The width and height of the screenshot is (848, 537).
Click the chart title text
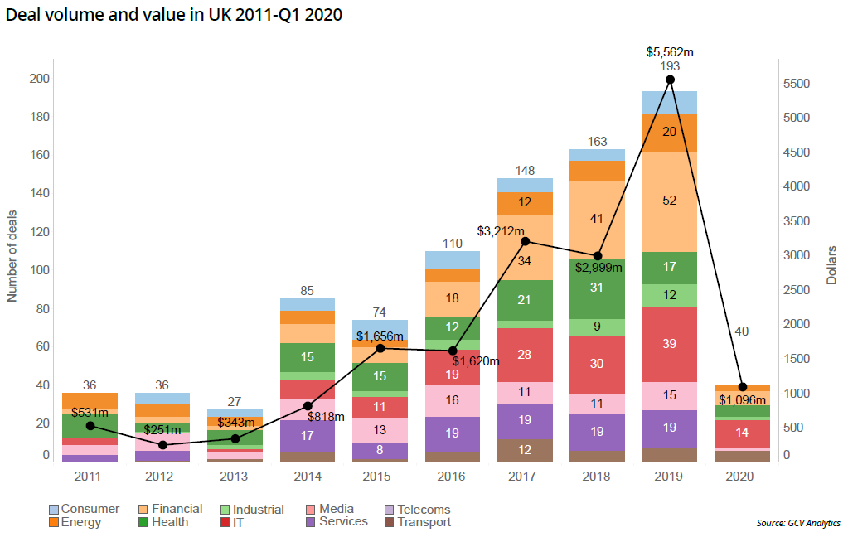[174, 15]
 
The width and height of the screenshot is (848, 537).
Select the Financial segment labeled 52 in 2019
[670, 201]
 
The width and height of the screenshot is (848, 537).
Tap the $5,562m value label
[670, 51]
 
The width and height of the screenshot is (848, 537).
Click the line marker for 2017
[525, 241]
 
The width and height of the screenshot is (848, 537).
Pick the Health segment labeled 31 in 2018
[597, 288]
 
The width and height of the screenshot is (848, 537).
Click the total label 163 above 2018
[597, 142]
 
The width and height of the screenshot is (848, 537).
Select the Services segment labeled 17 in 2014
[308, 435]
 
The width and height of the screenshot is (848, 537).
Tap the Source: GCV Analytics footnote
[797, 523]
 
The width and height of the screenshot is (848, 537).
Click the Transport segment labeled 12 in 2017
[525, 450]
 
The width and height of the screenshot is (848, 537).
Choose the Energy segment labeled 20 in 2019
[670, 132]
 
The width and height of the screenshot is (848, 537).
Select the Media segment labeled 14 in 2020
[743, 433]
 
